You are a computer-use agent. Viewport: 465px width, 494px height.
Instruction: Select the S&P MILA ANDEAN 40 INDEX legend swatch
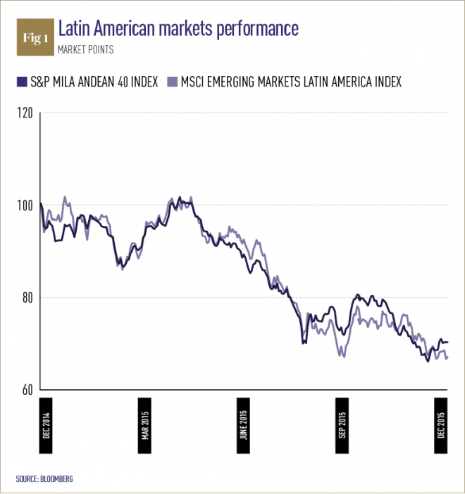20,81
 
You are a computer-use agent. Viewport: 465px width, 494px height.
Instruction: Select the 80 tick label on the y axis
27,298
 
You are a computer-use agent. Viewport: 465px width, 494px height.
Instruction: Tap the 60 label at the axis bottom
27,390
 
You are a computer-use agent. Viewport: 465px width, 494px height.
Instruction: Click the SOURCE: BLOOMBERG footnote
44,479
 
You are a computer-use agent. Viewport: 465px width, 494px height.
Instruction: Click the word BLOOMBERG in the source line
56,479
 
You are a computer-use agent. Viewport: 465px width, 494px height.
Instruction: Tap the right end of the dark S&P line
447,342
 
